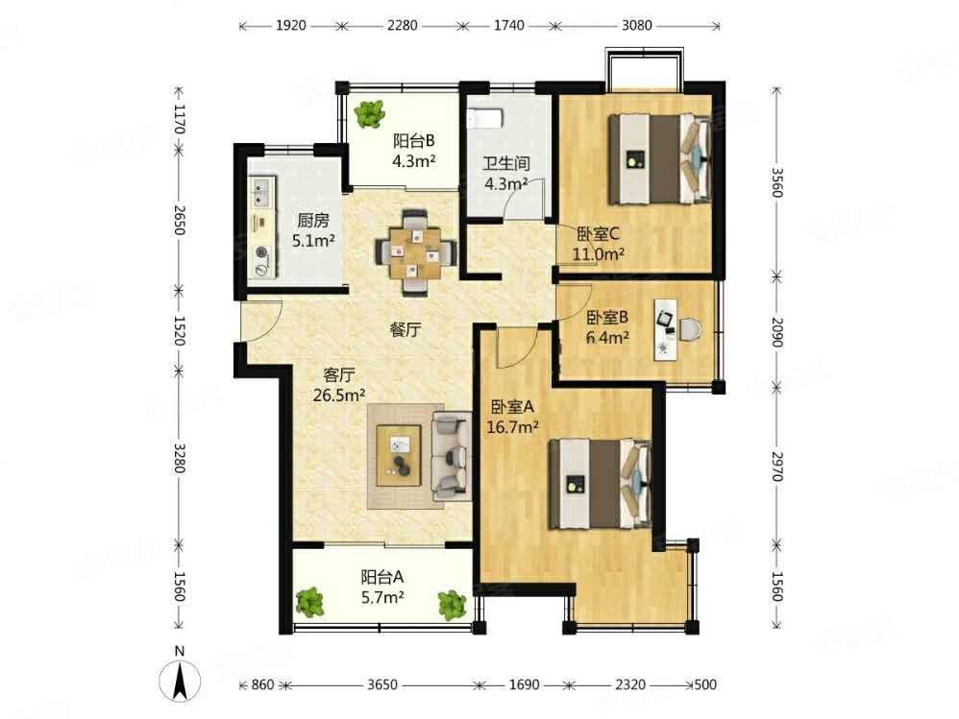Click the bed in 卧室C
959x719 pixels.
(657, 157)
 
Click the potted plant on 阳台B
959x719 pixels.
(368, 115)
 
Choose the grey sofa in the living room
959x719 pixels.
(450, 455)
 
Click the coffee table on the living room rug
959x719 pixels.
(402, 456)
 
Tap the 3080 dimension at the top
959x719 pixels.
(635, 26)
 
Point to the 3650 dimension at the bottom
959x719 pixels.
(382, 686)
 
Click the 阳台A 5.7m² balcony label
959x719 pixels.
(381, 587)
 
